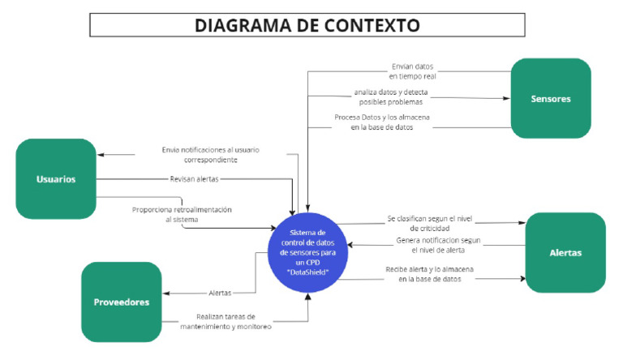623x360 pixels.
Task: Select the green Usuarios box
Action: coord(56,178)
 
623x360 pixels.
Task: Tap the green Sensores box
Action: coord(550,98)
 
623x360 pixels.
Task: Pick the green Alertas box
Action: coord(565,252)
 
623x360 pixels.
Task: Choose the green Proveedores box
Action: coord(120,302)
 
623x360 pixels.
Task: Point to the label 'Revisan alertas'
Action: coord(194,178)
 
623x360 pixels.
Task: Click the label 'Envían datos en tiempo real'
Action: coord(412,71)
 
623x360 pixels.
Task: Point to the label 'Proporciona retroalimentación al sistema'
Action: coord(182,214)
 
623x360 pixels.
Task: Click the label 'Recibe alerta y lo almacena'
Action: coord(431,274)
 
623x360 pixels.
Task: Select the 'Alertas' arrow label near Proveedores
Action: coord(219,293)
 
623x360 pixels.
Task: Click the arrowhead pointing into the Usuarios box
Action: coord(101,155)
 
